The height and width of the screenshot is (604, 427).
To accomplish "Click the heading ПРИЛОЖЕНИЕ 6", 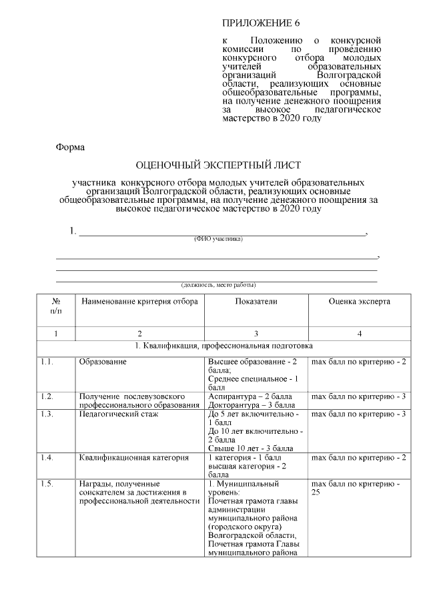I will point(261,23).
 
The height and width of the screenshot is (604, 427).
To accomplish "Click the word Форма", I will point(70,146).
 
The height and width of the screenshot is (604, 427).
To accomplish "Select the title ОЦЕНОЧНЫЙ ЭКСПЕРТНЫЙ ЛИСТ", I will point(219,164).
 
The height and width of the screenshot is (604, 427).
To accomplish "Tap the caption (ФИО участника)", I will point(218,238).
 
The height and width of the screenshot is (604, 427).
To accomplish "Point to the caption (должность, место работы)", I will point(218,284).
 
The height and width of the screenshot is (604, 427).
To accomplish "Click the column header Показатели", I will point(256,302).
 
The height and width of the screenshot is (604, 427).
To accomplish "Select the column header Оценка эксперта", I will point(359,302).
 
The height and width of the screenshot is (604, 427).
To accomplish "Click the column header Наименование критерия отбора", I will point(139,302).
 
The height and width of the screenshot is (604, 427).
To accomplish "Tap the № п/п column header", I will point(55,306).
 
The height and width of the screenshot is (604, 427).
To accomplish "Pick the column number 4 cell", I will point(359,333).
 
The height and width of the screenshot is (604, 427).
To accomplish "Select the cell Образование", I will point(103,362).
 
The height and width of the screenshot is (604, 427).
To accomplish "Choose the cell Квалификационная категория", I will point(133,458).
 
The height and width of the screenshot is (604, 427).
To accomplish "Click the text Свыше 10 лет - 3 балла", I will point(250,448).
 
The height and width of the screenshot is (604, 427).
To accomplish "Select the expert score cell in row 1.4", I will point(359,458).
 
